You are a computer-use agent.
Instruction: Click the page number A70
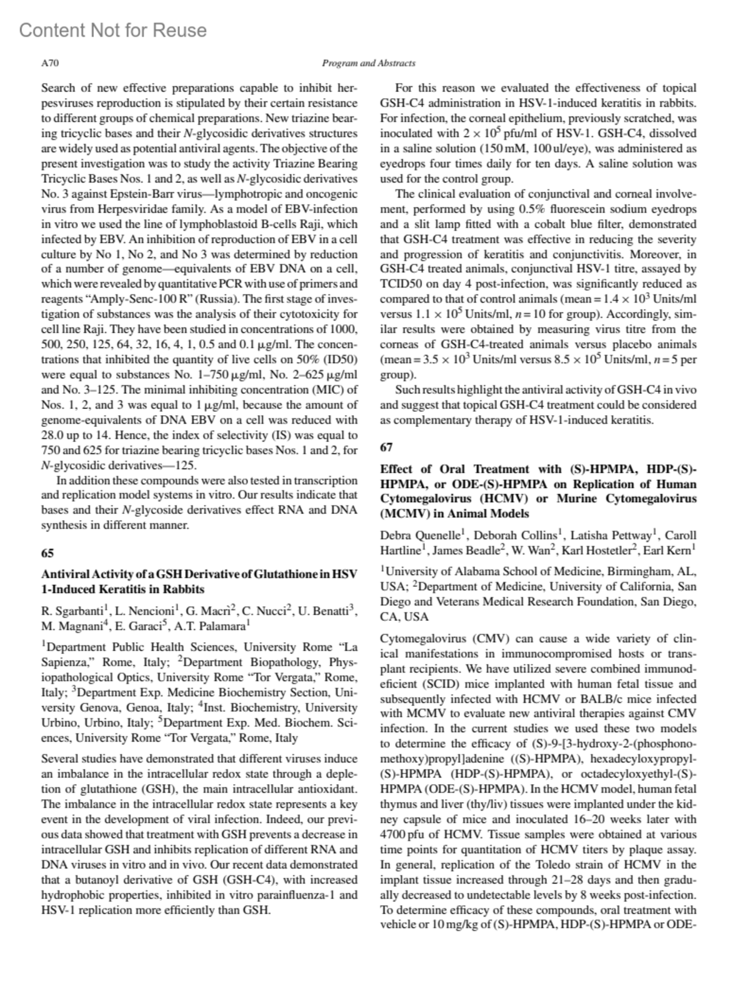pos(49,63)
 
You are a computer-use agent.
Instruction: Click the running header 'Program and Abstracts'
pos(368,63)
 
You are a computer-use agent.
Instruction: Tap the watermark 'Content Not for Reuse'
pos(112,30)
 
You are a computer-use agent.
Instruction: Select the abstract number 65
pos(47,553)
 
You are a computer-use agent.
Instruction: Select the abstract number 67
pos(386,447)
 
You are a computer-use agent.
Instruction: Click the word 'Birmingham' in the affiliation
pos(637,571)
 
